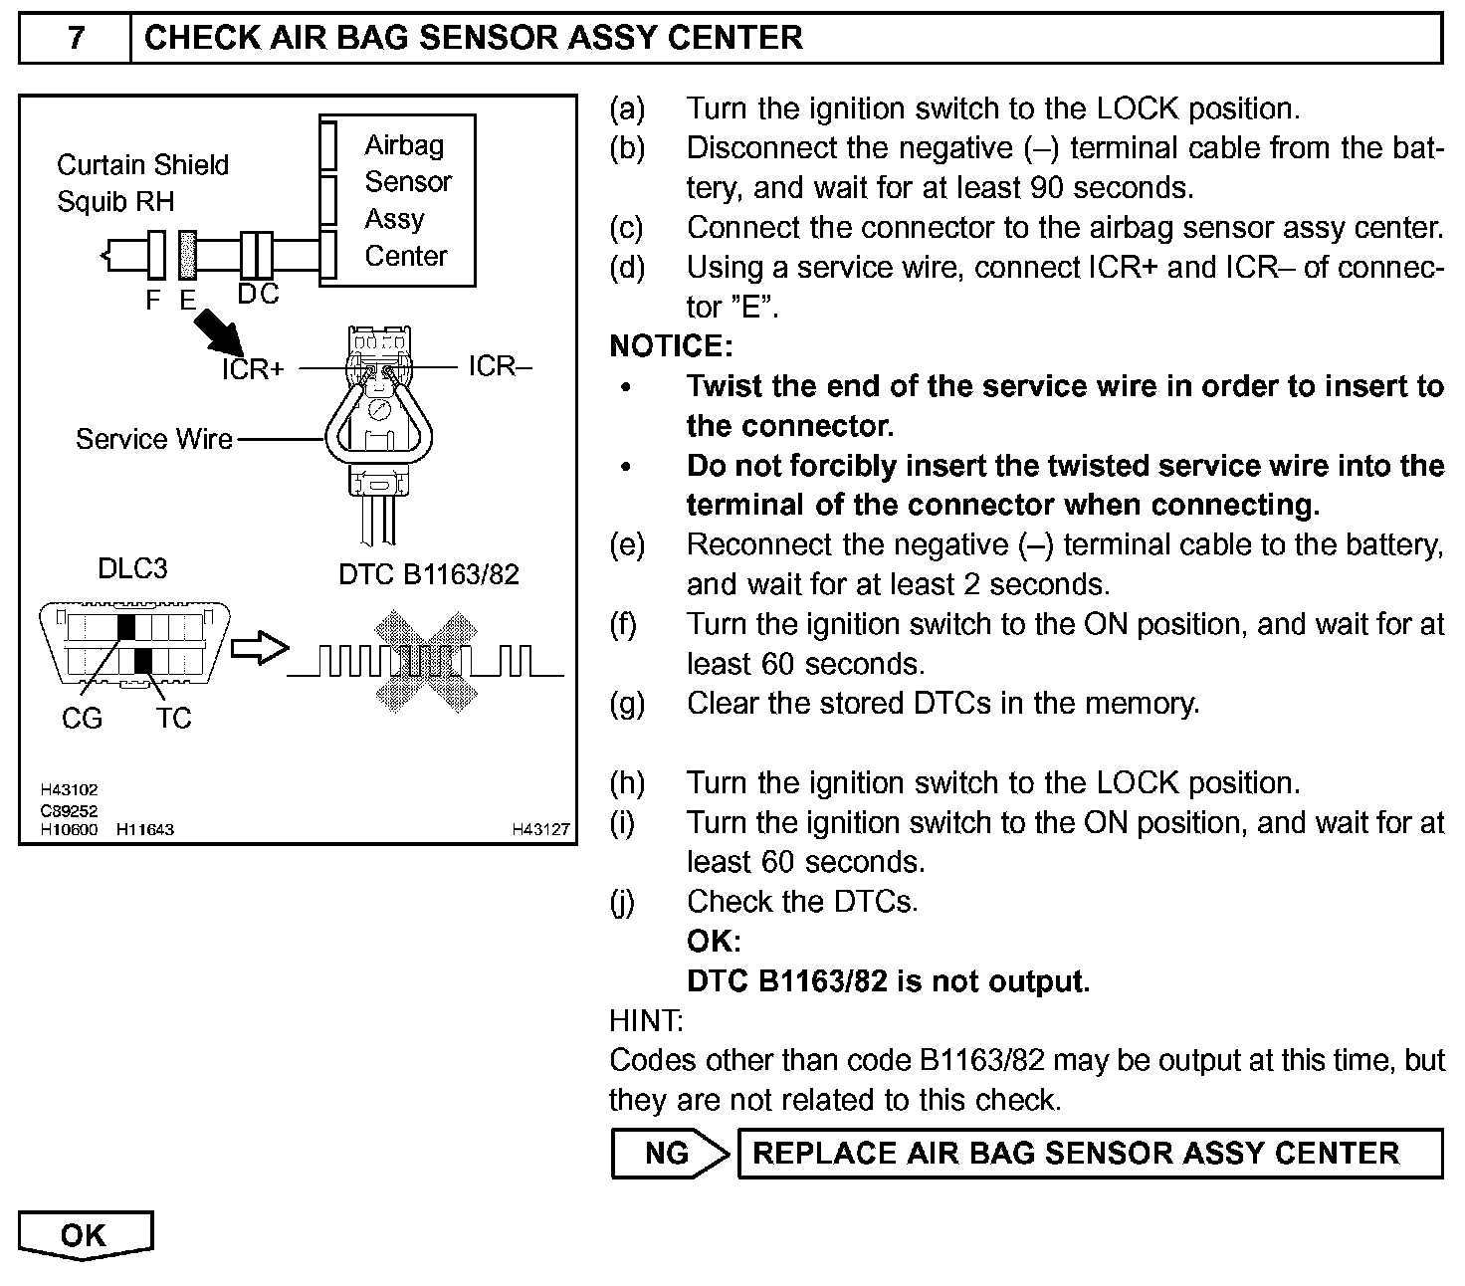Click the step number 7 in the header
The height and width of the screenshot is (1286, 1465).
click(x=76, y=39)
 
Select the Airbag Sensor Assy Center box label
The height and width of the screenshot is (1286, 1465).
click(x=406, y=200)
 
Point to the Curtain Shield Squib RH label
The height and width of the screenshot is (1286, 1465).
click(x=142, y=183)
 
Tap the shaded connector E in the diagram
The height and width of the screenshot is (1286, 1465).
click(x=187, y=255)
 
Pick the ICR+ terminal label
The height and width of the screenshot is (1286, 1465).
click(x=253, y=369)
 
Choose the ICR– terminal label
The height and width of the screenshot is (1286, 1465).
click(x=501, y=366)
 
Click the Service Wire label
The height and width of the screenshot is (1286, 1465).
click(x=154, y=439)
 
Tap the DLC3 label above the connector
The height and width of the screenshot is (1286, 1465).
click(x=132, y=568)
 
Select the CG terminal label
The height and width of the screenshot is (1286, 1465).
click(x=82, y=718)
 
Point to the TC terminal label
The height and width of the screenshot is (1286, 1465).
click(x=173, y=718)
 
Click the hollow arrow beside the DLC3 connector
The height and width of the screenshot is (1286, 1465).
click(x=259, y=649)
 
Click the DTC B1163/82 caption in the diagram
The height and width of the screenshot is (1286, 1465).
click(x=429, y=574)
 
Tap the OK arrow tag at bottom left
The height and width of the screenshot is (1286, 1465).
click(x=85, y=1235)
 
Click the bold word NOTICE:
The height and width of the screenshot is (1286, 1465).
click(x=671, y=346)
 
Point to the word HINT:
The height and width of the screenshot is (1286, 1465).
click(x=646, y=1021)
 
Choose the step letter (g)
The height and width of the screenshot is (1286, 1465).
click(x=627, y=704)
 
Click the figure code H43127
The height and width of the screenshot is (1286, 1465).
click(x=541, y=829)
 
